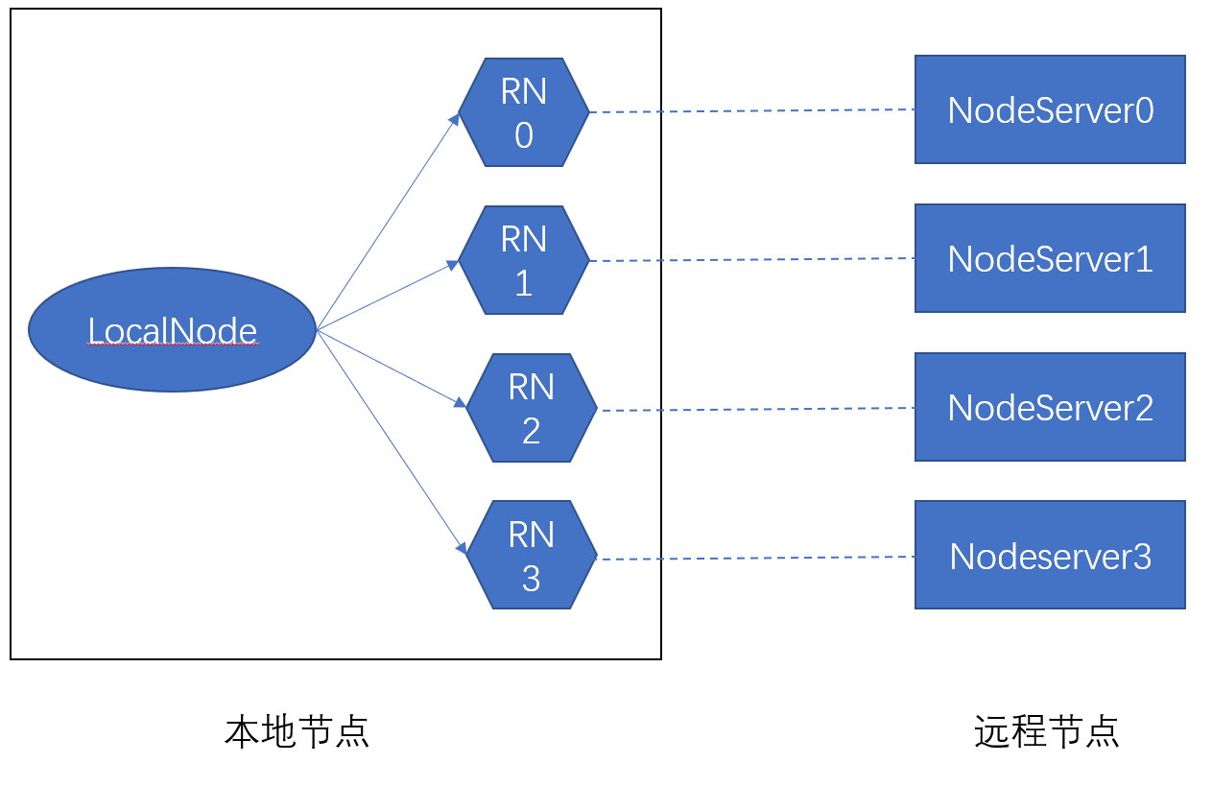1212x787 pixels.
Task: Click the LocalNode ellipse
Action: [x=172, y=330]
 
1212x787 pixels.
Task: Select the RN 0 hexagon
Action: [x=523, y=112]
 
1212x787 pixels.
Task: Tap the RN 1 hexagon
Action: [x=523, y=260]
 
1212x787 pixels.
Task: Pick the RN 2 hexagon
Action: [x=531, y=409]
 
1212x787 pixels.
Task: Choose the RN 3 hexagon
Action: [x=531, y=555]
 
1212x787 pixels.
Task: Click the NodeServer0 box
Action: [x=1050, y=109]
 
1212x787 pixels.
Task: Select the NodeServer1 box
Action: [x=1050, y=258]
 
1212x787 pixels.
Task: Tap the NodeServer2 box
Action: [x=1050, y=407]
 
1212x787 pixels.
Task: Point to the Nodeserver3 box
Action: [x=1050, y=555]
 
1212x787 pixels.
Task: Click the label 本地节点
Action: [x=297, y=731]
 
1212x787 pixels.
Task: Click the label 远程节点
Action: [x=1047, y=731]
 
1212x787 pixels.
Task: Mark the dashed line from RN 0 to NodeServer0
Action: [x=751, y=111]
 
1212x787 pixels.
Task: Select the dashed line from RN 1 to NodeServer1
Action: [x=751, y=259]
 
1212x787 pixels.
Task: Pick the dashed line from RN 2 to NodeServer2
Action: [x=756, y=410]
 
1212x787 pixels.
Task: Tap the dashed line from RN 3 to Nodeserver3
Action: [x=756, y=558]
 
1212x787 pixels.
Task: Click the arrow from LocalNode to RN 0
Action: [x=388, y=224]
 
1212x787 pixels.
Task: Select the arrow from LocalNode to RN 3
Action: [x=391, y=441]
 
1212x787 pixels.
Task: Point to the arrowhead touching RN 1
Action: [x=453, y=264]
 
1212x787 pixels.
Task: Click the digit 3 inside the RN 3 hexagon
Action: [x=531, y=578]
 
